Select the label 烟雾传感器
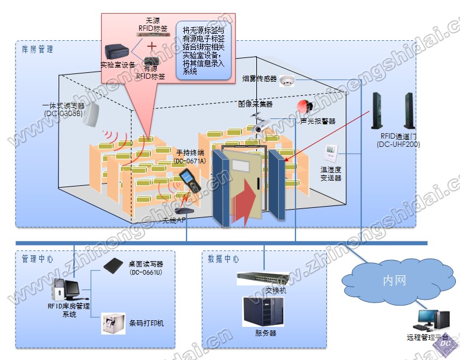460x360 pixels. [259, 79]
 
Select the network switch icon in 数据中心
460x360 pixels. [262, 278]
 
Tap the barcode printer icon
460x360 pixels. [112, 324]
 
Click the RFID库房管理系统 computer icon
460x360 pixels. [65, 290]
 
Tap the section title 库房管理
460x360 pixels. [37, 50]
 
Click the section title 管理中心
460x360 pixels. [37, 259]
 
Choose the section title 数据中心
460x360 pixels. [223, 259]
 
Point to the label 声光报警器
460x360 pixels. [318, 121]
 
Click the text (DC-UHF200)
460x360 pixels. [398, 144]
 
